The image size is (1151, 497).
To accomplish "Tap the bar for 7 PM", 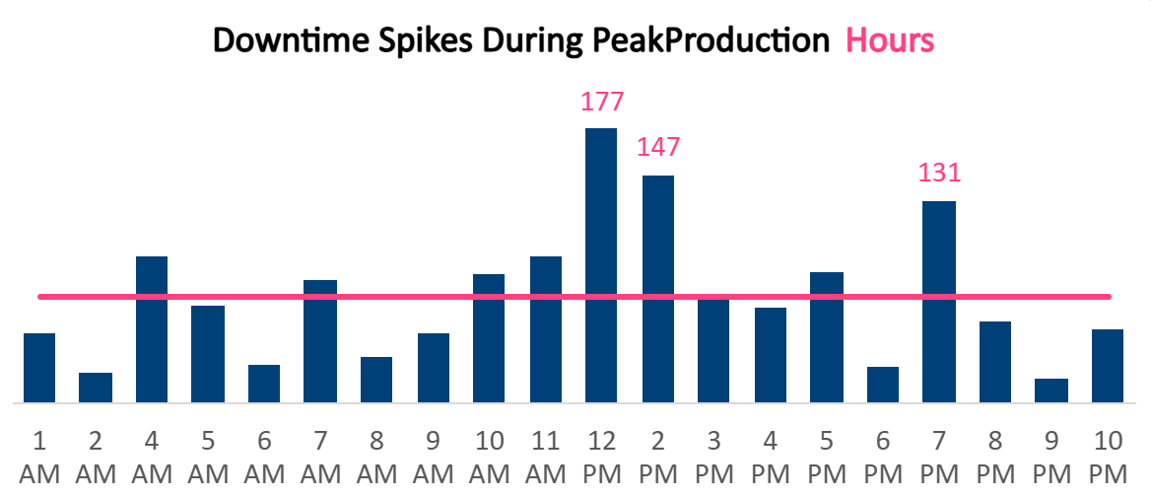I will [x=939, y=301].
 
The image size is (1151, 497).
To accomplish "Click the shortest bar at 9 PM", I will [x=1051, y=390].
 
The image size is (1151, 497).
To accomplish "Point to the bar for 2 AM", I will [x=96, y=388].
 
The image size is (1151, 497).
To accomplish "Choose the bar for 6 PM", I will [x=883, y=385].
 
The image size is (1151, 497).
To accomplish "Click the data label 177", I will [x=602, y=102].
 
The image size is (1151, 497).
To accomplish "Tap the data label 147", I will [x=658, y=147].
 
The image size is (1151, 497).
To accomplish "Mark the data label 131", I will [x=939, y=173].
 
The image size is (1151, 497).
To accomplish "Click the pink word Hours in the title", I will [x=890, y=41].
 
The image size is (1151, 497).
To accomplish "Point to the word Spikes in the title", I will [x=384, y=41].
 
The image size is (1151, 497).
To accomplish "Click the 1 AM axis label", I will [x=39, y=456].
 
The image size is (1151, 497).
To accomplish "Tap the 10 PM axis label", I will [x=1109, y=456].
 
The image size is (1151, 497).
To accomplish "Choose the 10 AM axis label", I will [x=490, y=456].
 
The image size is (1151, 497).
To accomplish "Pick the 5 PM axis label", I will [x=827, y=456].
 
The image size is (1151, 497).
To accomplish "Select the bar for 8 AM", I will [x=376, y=380].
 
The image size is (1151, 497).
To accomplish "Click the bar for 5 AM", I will [x=208, y=354].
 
